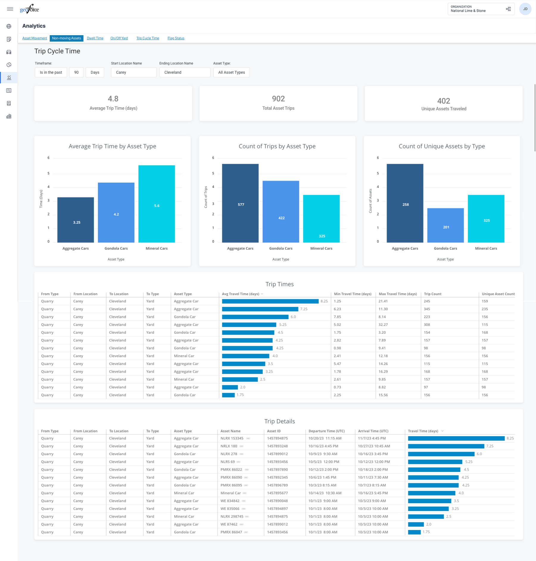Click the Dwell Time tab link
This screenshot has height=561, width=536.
coord(95,38)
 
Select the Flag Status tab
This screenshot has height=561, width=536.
coord(176,38)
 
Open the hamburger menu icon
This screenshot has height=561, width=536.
coord(10,9)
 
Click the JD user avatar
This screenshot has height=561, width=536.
coord(525,9)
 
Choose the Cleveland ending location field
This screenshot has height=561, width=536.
coord(185,72)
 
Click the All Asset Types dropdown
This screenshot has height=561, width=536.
coord(231,72)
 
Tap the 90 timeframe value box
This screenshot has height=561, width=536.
coord(76,72)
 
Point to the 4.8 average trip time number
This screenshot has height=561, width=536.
coord(113,99)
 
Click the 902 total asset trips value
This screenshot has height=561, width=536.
coord(278,99)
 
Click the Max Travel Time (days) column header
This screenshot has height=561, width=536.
coord(398,294)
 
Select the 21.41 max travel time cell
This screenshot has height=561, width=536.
coord(383,301)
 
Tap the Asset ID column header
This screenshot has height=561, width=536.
coord(274,431)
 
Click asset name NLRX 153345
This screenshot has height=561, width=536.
coord(232,439)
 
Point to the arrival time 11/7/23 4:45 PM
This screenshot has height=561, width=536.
coord(372,439)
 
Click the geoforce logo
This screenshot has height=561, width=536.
coord(29,9)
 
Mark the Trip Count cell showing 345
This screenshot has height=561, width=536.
coord(427,309)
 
